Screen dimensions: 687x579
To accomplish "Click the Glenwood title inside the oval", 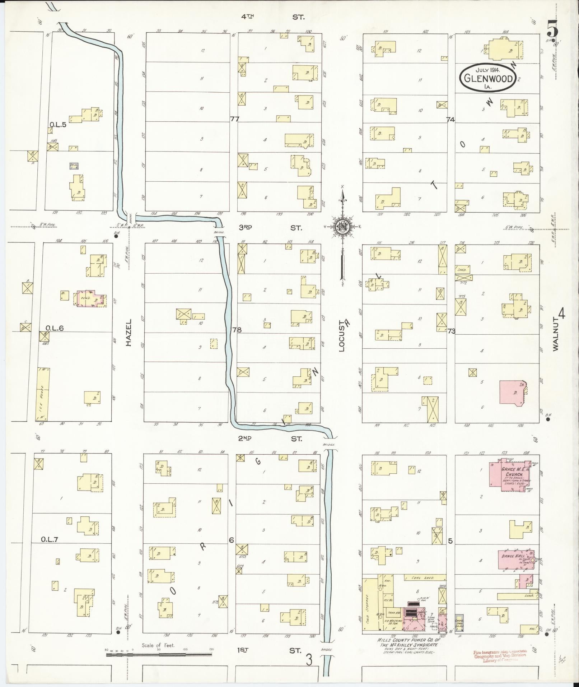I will [488, 78].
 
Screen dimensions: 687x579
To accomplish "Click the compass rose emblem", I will [342, 227].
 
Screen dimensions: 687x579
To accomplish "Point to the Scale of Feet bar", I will [159, 655].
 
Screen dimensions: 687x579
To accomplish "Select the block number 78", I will [237, 329].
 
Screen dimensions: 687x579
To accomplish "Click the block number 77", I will [234, 119].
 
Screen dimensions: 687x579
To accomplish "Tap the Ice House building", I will [43, 394].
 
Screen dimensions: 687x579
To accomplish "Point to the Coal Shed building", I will [425, 588].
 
